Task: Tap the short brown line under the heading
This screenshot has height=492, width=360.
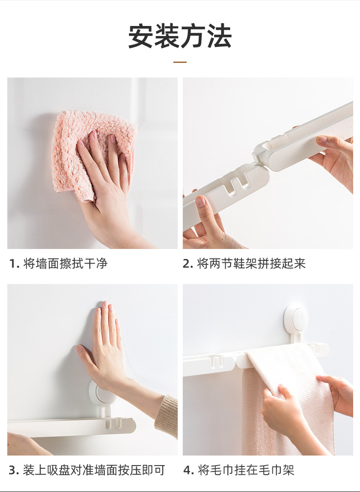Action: (x=180, y=62)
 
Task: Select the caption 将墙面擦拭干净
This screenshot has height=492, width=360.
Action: (x=66, y=263)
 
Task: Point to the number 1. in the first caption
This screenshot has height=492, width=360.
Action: (x=14, y=264)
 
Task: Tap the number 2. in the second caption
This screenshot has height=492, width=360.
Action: (x=188, y=264)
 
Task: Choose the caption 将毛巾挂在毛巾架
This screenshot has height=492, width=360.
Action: (x=246, y=470)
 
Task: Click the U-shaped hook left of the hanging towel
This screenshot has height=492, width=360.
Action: (x=217, y=361)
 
